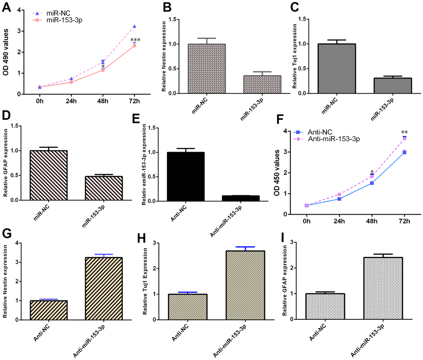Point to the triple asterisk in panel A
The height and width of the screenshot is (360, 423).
tap(135, 40)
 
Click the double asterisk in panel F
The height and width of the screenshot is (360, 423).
tap(404, 133)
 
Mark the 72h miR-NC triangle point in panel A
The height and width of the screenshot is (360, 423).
tap(134, 27)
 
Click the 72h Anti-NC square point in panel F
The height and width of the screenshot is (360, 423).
tap(404, 152)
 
